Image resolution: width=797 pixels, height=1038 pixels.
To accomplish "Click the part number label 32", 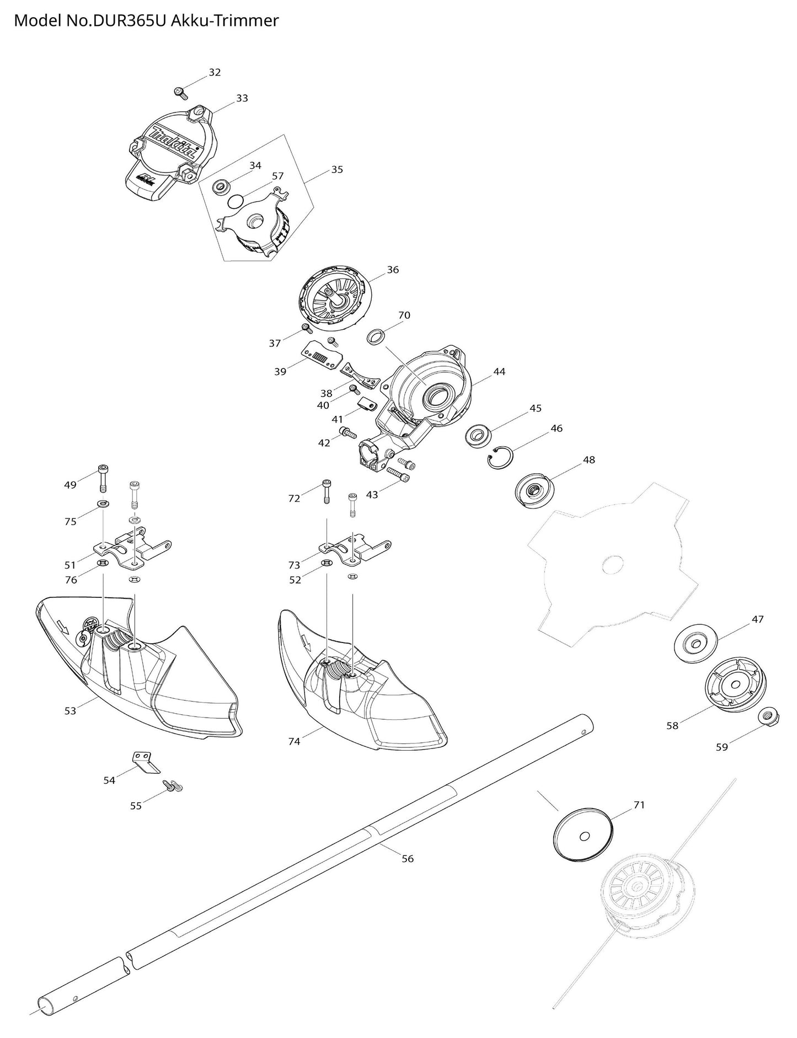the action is pyautogui.click(x=215, y=72).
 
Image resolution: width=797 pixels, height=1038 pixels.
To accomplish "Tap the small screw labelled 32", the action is pyautogui.click(x=179, y=92).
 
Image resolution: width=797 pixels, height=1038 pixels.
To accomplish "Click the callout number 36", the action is pyautogui.click(x=393, y=270).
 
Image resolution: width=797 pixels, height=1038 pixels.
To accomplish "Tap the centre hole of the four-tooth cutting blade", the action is pyautogui.click(x=613, y=564).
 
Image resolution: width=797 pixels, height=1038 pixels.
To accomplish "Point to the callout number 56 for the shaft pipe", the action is pyautogui.click(x=407, y=859).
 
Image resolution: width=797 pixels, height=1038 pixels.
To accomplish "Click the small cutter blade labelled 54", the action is pyautogui.click(x=146, y=761).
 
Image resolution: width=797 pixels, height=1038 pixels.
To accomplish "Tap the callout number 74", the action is pyautogui.click(x=294, y=741).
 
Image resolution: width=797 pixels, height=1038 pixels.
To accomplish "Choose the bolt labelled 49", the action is pyautogui.click(x=103, y=478).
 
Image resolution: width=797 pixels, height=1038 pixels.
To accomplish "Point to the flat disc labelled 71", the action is pyautogui.click(x=584, y=834).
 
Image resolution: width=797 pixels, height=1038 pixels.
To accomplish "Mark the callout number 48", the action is pyautogui.click(x=589, y=459).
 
